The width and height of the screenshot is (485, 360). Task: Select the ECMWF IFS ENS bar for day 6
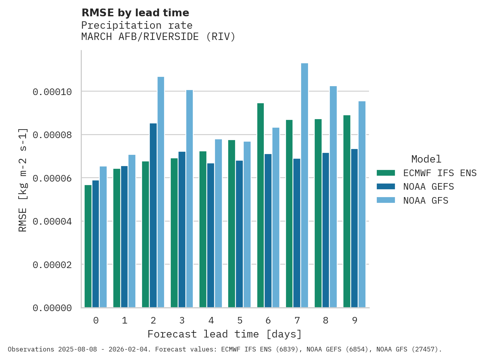point(260,206)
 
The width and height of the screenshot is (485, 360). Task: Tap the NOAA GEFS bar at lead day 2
point(153,215)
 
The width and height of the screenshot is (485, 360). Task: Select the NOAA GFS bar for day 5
point(247,225)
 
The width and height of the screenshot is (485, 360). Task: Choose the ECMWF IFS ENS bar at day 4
point(203,229)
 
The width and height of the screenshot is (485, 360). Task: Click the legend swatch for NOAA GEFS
point(386,187)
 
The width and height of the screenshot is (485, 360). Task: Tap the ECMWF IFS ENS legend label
point(440,173)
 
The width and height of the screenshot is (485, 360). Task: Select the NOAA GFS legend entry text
point(426,201)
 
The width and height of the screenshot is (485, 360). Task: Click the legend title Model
point(426,159)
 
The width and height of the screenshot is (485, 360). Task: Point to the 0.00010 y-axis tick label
point(52,92)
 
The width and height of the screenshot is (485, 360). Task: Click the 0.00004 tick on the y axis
point(52,222)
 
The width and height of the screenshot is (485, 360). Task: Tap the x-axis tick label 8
point(326,320)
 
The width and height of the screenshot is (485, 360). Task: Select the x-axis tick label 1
point(125,320)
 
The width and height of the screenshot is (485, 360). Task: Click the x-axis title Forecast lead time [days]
point(225,334)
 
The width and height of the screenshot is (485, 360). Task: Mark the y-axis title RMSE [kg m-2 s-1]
point(23,180)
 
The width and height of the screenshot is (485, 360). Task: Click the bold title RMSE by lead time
point(135,13)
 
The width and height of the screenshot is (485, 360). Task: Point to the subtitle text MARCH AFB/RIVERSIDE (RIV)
point(158,37)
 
